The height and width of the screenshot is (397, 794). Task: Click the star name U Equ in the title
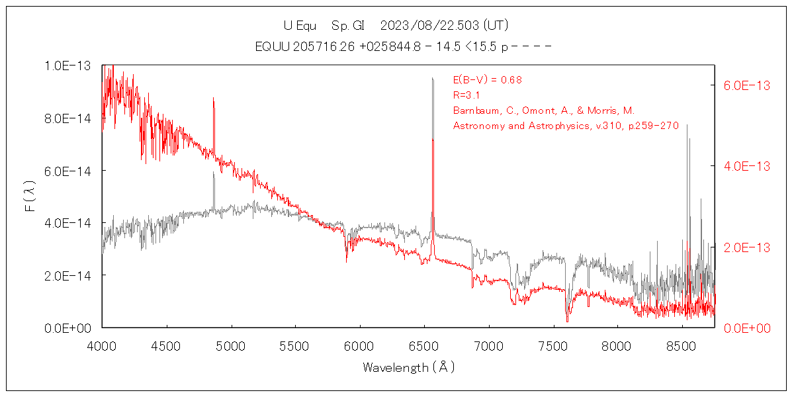coord(300,26)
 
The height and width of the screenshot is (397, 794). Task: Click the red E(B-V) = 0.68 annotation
coord(487,80)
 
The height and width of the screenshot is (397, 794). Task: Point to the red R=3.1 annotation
coord(466,95)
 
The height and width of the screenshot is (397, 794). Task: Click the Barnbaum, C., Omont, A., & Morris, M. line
coord(543,110)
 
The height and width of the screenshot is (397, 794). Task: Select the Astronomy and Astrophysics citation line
coord(566,126)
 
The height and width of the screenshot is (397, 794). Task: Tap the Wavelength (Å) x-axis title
coord(408,367)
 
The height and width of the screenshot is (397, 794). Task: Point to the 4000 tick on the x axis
coord(102,345)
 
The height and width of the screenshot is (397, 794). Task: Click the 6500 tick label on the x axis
coord(424,345)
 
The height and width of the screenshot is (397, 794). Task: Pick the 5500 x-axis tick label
coord(295,345)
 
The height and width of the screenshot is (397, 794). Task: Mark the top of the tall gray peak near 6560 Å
coord(432,78)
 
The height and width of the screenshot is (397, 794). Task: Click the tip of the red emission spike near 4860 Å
coord(213,98)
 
